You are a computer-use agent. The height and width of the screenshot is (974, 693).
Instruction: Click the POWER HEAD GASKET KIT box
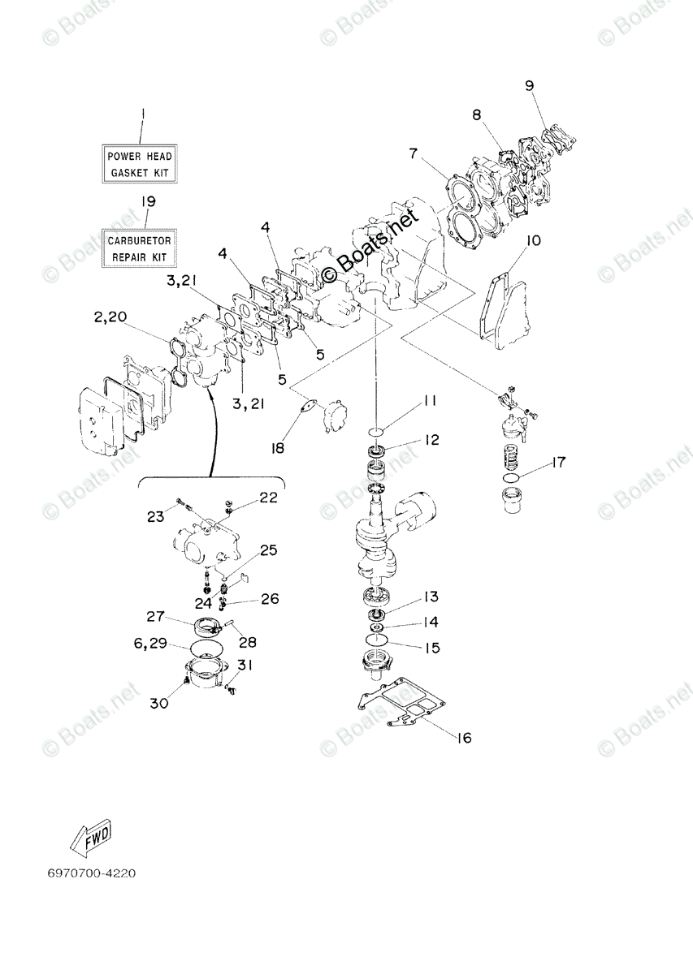(141, 163)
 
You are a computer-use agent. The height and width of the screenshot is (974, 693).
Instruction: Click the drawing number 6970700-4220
(92, 873)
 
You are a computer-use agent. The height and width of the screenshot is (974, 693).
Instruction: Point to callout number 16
(463, 738)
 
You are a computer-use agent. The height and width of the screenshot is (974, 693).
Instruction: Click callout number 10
(533, 241)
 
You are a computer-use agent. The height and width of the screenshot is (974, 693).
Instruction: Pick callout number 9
(529, 84)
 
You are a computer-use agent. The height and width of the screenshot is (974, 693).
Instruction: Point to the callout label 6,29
(150, 642)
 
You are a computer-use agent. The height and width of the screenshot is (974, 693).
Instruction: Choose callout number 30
(158, 703)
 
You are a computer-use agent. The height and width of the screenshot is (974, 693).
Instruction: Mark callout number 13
(430, 597)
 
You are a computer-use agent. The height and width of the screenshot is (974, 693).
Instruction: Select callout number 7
(413, 153)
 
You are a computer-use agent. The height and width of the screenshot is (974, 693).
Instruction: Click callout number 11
(430, 401)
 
